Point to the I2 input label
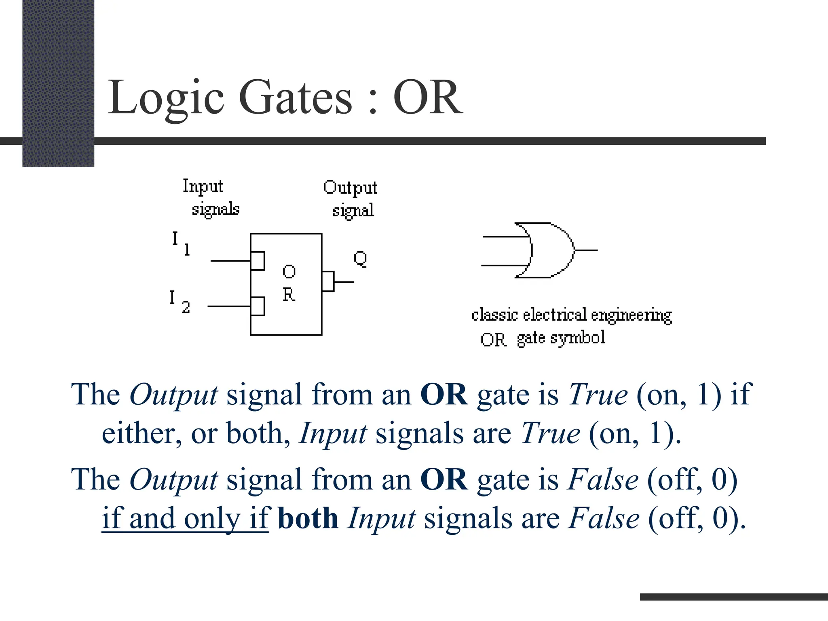point(179,302)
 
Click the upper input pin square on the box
point(258,261)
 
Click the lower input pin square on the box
point(258,306)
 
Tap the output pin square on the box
point(328,281)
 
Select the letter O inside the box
point(289,271)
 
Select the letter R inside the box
point(289,294)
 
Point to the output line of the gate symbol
point(586,250)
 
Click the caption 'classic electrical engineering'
point(571,315)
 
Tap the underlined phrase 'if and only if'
point(185,518)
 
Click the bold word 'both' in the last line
point(308,518)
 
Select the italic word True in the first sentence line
point(598,394)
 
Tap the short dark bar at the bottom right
point(733,597)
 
